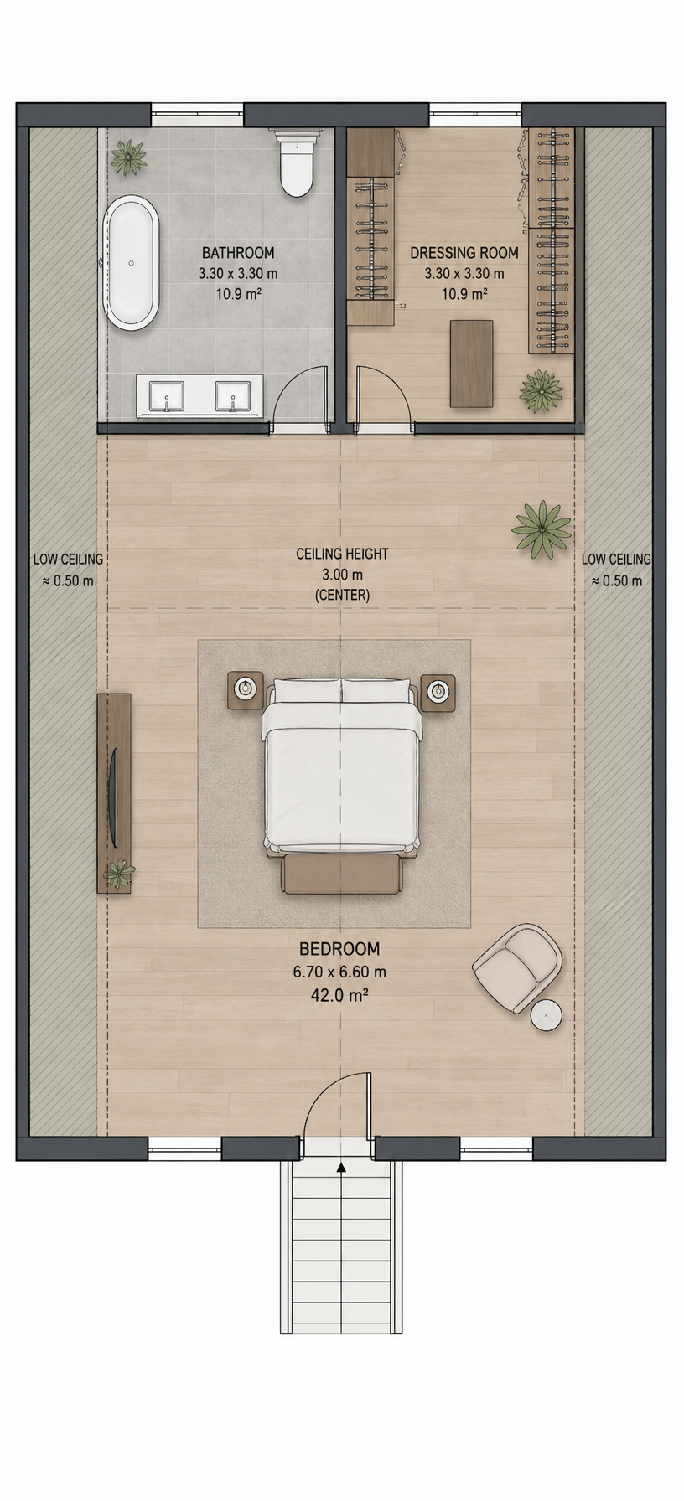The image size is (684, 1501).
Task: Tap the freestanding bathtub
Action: click(131, 263)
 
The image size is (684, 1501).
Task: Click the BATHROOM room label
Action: click(238, 252)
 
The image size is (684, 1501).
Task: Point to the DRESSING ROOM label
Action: click(464, 252)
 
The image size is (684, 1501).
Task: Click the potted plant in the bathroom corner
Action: click(128, 157)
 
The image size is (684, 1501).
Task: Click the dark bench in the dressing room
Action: click(471, 363)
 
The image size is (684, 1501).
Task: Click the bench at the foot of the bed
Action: click(342, 873)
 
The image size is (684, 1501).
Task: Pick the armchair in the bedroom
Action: click(517, 965)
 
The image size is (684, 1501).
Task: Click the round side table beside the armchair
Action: click(546, 1015)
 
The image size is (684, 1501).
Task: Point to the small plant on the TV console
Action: click(118, 874)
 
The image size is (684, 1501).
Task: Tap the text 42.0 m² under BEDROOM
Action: click(339, 995)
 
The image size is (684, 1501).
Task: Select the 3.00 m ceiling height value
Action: click(342, 574)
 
